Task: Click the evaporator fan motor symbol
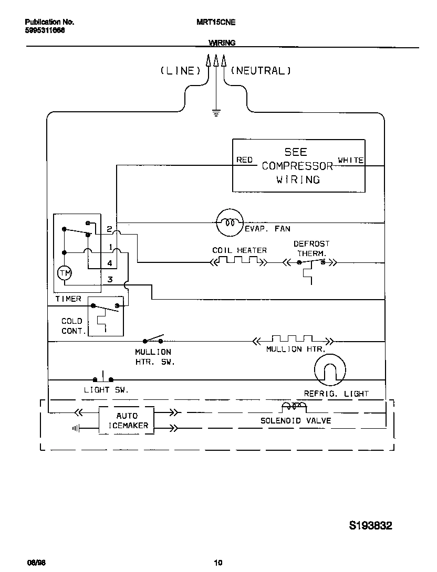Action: [x=230, y=223]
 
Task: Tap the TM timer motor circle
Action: [x=64, y=273]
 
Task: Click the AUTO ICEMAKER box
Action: [x=127, y=420]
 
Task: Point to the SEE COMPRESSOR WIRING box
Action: [x=298, y=165]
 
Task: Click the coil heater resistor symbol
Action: [x=239, y=261]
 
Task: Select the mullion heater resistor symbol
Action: [x=293, y=340]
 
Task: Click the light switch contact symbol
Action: [x=103, y=378]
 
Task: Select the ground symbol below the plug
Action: [x=216, y=112]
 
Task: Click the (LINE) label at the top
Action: [x=180, y=71]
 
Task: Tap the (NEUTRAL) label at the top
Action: [x=261, y=71]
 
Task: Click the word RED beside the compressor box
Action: [x=244, y=160]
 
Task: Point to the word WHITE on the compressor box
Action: [x=350, y=160]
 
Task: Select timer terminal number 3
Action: [x=110, y=279]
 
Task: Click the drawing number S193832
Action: [x=370, y=525]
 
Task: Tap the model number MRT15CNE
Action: [x=215, y=23]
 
